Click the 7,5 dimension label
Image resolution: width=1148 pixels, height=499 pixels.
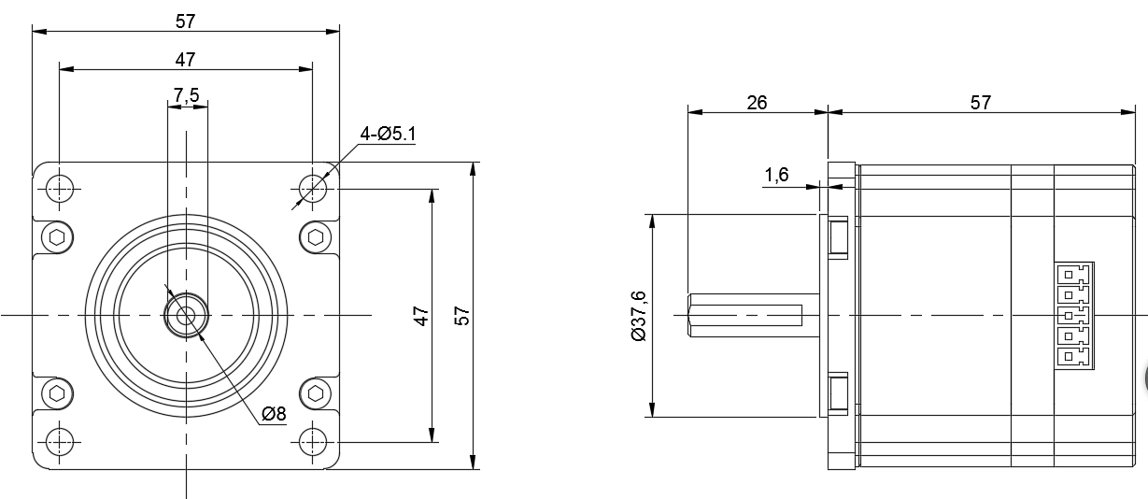click(186, 94)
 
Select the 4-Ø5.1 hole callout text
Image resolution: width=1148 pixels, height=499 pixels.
click(389, 135)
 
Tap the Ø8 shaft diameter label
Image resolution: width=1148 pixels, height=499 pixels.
click(274, 414)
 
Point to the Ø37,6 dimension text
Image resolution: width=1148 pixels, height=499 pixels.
click(638, 316)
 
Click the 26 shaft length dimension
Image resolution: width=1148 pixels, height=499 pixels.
click(757, 102)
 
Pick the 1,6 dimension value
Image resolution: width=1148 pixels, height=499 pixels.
click(777, 174)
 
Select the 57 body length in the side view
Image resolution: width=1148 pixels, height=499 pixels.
click(980, 102)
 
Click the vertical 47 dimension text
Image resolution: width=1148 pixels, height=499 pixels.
click(421, 316)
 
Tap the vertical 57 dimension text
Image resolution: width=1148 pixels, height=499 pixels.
click(461, 316)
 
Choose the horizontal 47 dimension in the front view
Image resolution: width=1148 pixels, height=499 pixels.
click(185, 59)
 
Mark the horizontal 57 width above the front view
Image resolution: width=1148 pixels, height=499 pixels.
click(185, 21)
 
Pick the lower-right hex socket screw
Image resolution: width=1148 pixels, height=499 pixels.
click(315, 392)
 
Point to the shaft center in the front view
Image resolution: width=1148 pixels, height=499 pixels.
click(186, 316)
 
